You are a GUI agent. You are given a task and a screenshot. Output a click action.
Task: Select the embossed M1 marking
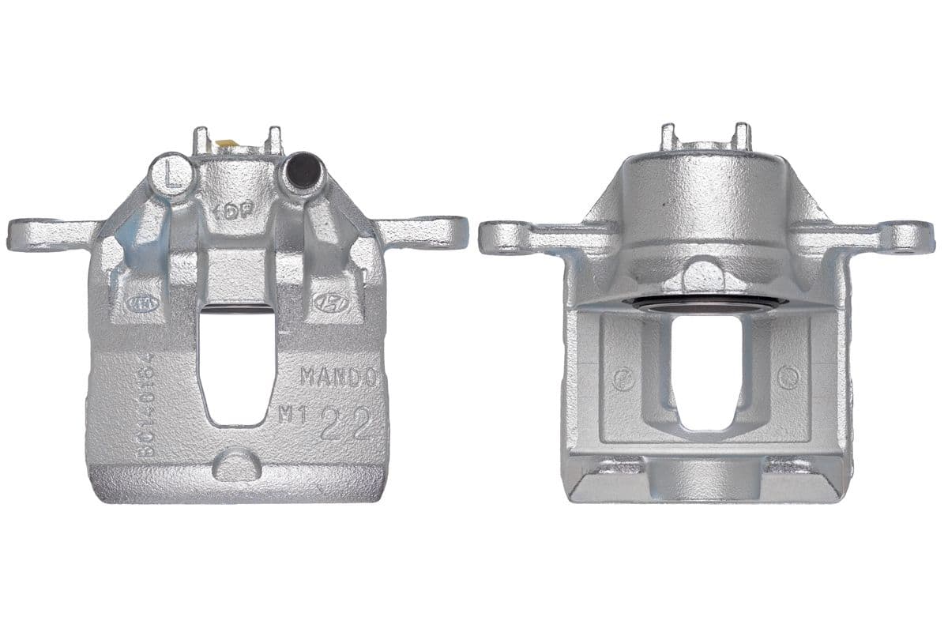pos(293,415)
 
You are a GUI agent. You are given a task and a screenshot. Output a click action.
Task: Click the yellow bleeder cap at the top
pos(224,145)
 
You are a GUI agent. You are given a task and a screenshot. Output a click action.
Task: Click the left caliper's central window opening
pos(237,363)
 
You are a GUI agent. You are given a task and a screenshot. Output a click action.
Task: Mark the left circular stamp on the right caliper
pos(623,378)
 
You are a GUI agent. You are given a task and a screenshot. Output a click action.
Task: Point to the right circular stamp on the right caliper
pos(788,378)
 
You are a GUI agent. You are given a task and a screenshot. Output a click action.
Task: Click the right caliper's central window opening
pos(705,371)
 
